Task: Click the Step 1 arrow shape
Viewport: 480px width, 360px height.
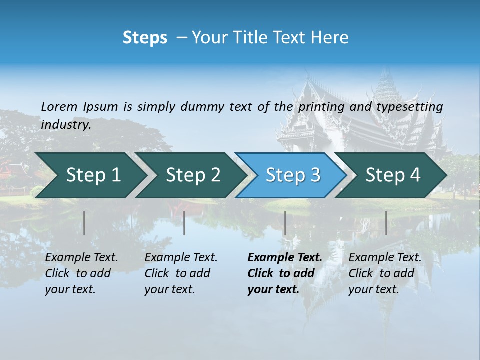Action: (90, 175)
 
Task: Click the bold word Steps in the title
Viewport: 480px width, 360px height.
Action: (145, 38)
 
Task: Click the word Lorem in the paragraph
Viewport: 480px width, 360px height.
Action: (59, 106)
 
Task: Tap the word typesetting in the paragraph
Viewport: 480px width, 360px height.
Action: (409, 106)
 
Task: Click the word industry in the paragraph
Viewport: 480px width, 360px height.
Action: (65, 124)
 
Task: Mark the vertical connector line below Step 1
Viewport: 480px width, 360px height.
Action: (84, 223)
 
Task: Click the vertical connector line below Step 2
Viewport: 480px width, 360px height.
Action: (184, 223)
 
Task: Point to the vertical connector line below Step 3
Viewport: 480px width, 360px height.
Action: (285, 223)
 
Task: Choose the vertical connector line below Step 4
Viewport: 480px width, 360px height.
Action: (386, 223)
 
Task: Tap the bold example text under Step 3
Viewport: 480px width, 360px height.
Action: (284, 273)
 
